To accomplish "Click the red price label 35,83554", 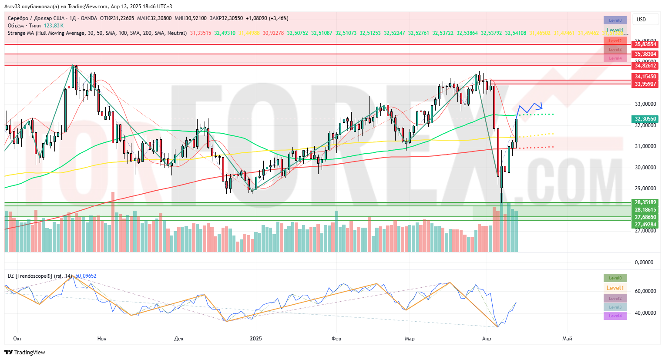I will coord(645,44).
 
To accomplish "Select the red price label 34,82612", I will coord(645,66).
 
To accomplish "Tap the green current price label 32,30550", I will coord(645,119).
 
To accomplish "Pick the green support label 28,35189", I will coord(645,202).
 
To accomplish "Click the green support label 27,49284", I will coord(645,225).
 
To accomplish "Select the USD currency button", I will coord(641,20).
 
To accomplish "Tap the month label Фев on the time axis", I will coord(336,339).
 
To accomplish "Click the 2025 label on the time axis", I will coord(256,339).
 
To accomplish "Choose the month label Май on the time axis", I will coord(567,339).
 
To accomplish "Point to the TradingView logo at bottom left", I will coord(25,352).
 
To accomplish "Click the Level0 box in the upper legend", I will coord(615,20).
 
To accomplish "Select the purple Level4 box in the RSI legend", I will coord(615,316).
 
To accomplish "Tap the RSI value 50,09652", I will coord(86,276).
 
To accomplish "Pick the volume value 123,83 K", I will coord(54,26).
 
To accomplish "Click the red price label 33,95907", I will coord(645,84).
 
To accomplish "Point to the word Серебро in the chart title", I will coord(18,18).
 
